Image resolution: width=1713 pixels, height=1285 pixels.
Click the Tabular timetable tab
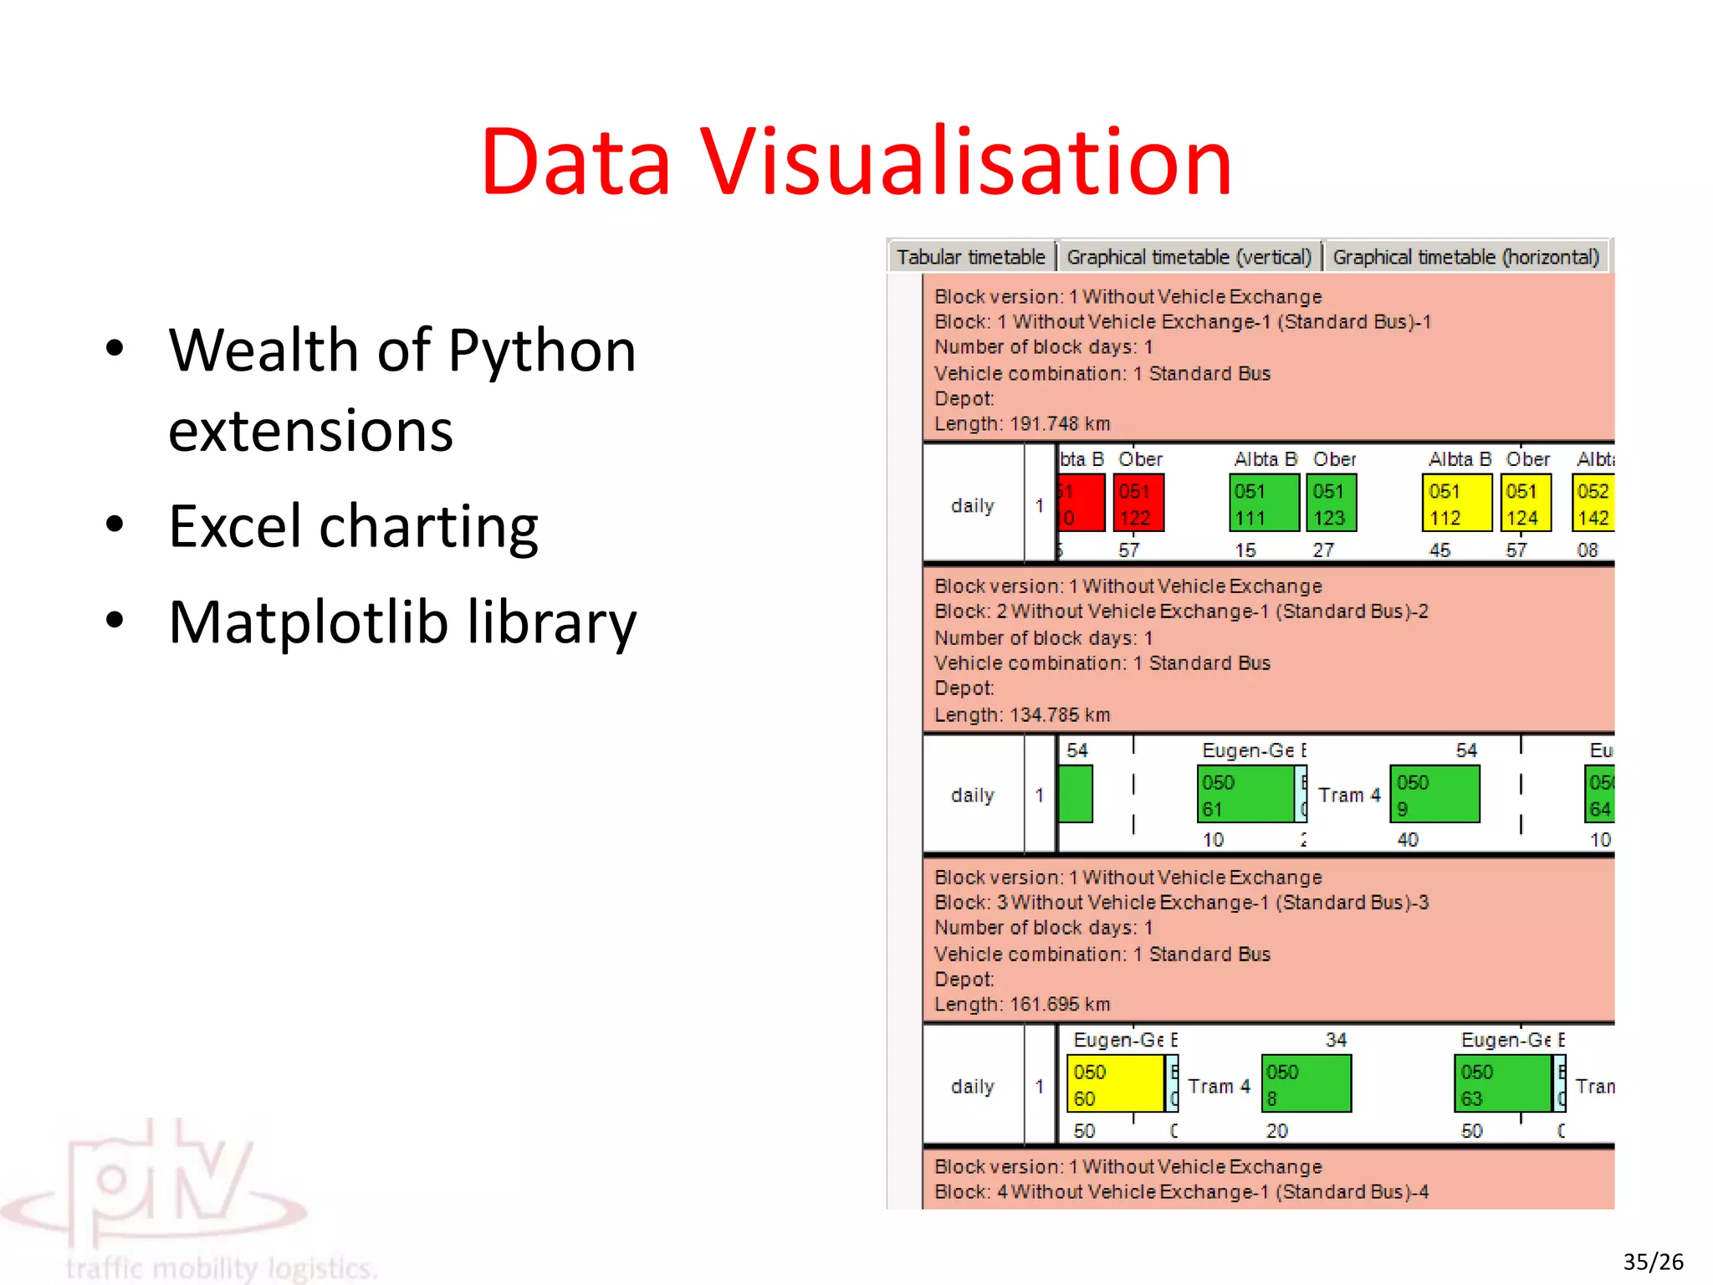pos(971,257)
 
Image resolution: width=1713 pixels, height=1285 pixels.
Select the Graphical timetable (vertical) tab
pos(1189,257)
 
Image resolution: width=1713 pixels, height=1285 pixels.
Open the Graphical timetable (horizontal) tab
pos(1465,257)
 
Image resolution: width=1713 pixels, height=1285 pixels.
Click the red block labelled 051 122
pos(1138,504)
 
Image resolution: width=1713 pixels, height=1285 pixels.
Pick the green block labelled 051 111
pos(1264,504)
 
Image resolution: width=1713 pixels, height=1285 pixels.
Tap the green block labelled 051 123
pos(1331,504)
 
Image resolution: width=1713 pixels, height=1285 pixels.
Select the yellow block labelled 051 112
pos(1456,504)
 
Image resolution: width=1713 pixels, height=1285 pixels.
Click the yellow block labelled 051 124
pos(1526,504)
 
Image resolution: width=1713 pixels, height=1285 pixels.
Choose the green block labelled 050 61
pos(1245,795)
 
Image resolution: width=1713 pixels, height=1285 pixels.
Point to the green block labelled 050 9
pos(1434,795)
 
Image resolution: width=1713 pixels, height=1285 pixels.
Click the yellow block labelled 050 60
pos(1115,1084)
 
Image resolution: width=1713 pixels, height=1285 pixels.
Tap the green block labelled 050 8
pos(1306,1084)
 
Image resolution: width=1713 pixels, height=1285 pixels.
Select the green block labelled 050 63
pos(1502,1084)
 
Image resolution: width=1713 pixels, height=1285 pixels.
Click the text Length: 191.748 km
pos(1022,424)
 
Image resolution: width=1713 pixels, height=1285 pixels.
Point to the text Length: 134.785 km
pos(1022,715)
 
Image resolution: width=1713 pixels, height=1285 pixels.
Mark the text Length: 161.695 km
pos(1022,1005)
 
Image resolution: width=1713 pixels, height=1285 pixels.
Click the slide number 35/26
pos(1653,1262)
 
